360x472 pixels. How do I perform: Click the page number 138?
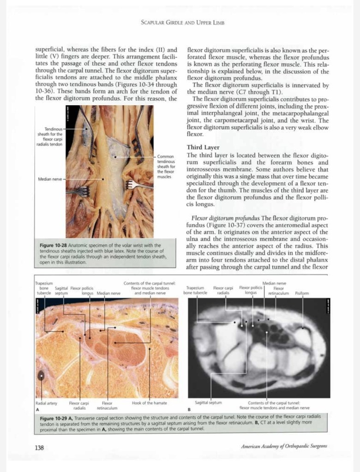pos(39,447)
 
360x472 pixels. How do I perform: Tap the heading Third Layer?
pos(203,148)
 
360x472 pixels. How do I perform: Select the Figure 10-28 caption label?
pos(54,245)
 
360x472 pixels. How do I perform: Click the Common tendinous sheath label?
pos(165,167)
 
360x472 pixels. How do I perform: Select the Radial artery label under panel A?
pos(46,403)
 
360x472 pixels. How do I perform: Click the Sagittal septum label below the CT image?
pos(208,402)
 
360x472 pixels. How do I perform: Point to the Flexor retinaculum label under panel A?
pos(107,405)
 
